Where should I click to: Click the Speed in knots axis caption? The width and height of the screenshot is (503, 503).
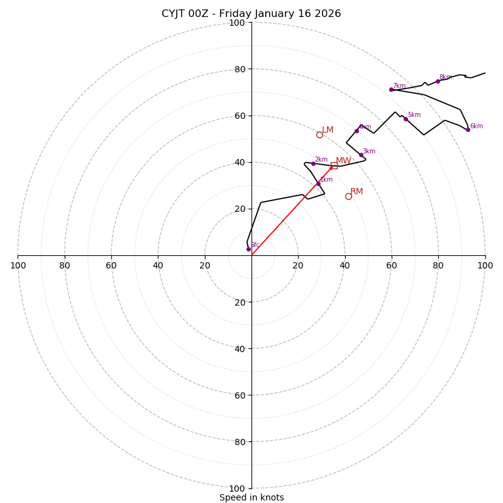pos(251,497)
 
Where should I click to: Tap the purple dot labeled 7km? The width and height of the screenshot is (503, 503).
pos(391,90)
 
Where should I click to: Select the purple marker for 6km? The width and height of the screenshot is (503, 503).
pos(468,130)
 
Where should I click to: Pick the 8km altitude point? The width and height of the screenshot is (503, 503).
pos(438,81)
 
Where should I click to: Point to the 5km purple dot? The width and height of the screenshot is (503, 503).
pos(406,119)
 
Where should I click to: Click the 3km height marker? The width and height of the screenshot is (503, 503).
pos(361,155)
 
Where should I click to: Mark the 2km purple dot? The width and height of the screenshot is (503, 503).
pos(313,163)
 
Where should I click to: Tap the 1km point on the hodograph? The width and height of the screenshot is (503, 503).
pos(318,184)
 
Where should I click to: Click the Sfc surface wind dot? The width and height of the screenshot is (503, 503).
pos(248,249)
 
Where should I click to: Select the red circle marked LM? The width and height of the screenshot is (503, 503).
pos(319,135)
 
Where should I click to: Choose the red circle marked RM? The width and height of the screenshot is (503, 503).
pos(348,196)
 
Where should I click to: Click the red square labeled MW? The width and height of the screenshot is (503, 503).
pos(334,165)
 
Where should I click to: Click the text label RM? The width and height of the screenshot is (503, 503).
pos(357,191)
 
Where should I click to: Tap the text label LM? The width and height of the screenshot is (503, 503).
pos(328,130)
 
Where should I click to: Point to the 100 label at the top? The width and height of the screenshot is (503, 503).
pos(237,23)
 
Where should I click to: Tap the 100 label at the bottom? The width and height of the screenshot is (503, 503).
pos(237,489)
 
